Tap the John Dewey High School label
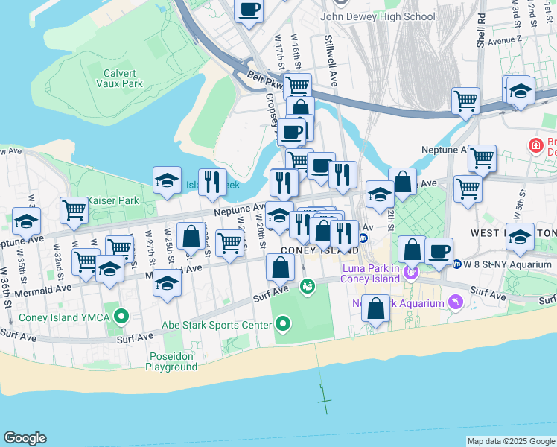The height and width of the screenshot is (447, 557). coord(378,16)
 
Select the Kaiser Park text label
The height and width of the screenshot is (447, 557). coord(113,200)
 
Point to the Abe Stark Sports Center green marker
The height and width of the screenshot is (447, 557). coord(282,324)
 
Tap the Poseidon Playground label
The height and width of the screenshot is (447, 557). coord(171,361)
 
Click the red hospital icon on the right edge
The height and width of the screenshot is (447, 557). coord(535,145)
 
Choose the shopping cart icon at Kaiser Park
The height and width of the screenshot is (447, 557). coord(74,210)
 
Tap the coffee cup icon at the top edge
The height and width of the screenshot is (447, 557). coord(249,10)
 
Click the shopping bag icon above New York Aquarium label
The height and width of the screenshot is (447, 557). coord(377,307)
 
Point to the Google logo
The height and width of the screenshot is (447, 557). coord(25,438)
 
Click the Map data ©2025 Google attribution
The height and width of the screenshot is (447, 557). coord(511,441)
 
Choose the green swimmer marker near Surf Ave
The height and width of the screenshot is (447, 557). coord(307,285)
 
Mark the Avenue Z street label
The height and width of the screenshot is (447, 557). coord(506,39)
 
